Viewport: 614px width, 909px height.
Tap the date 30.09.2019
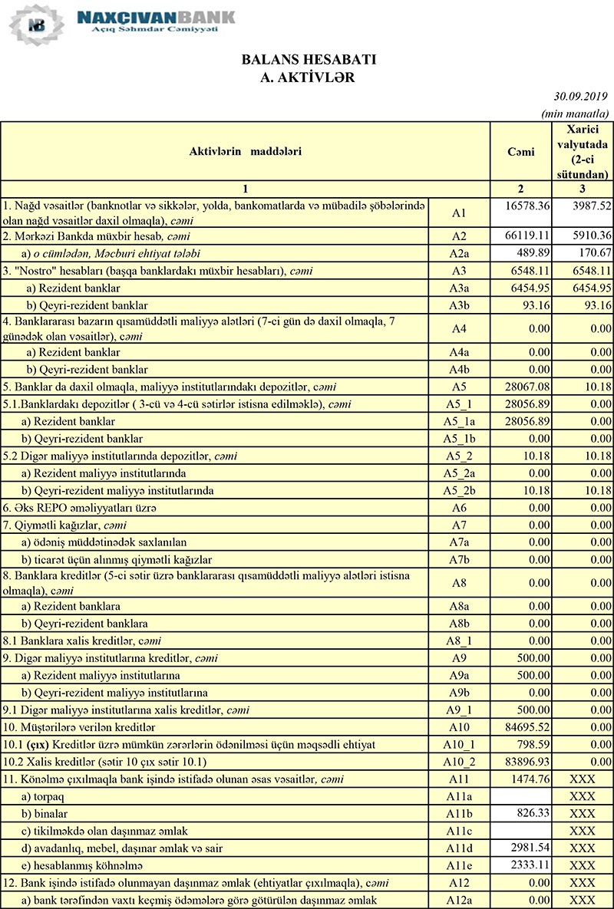[580, 97]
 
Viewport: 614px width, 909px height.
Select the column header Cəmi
[521, 152]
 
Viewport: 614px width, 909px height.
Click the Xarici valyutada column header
[583, 152]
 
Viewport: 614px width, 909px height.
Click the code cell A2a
[459, 253]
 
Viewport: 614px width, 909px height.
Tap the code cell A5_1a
[459, 422]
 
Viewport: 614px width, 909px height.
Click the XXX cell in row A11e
[583, 865]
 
